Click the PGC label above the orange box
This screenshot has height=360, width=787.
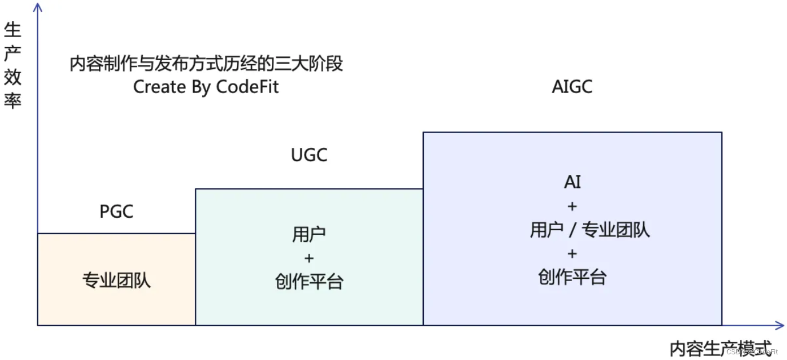(117, 211)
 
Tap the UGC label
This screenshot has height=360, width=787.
(309, 155)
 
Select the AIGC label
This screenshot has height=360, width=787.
(572, 87)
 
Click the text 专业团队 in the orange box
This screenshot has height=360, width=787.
(117, 281)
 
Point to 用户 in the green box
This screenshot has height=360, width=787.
(309, 234)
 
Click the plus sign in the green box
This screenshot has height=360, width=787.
(309, 258)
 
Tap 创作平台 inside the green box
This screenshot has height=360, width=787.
(309, 281)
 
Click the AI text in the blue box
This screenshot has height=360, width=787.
(572, 182)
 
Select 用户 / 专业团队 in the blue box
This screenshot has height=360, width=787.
(589, 230)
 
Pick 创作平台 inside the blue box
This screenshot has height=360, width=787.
(572, 277)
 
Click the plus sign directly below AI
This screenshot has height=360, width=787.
(572, 206)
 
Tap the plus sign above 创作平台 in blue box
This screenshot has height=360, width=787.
(572, 253)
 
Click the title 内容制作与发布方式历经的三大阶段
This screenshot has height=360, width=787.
(206, 63)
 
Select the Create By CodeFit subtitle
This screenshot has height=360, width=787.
(206, 87)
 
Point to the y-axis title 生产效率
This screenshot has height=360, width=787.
(13, 66)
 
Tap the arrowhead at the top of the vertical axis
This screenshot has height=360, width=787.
(38, 7)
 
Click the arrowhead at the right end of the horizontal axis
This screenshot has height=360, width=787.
(780, 326)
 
